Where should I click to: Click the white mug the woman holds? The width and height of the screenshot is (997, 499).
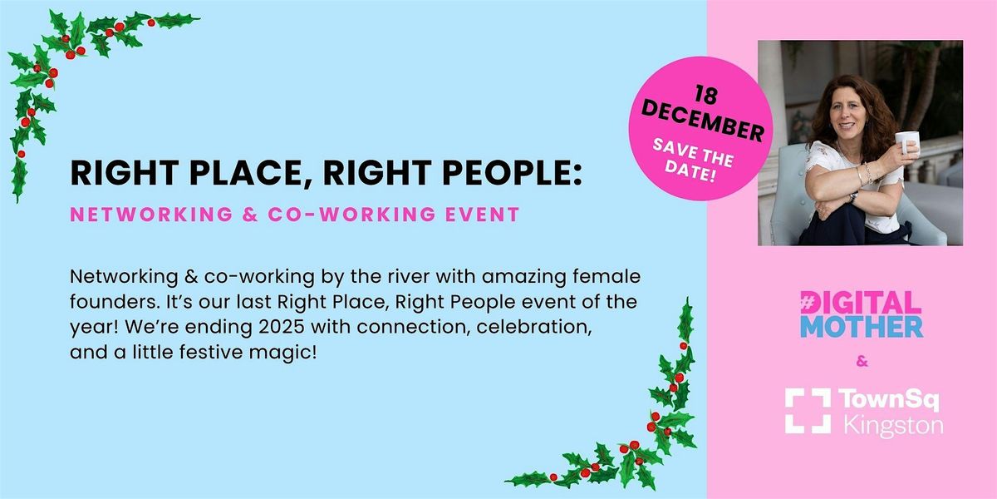[906, 143]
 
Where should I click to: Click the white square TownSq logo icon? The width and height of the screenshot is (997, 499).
[808, 411]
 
